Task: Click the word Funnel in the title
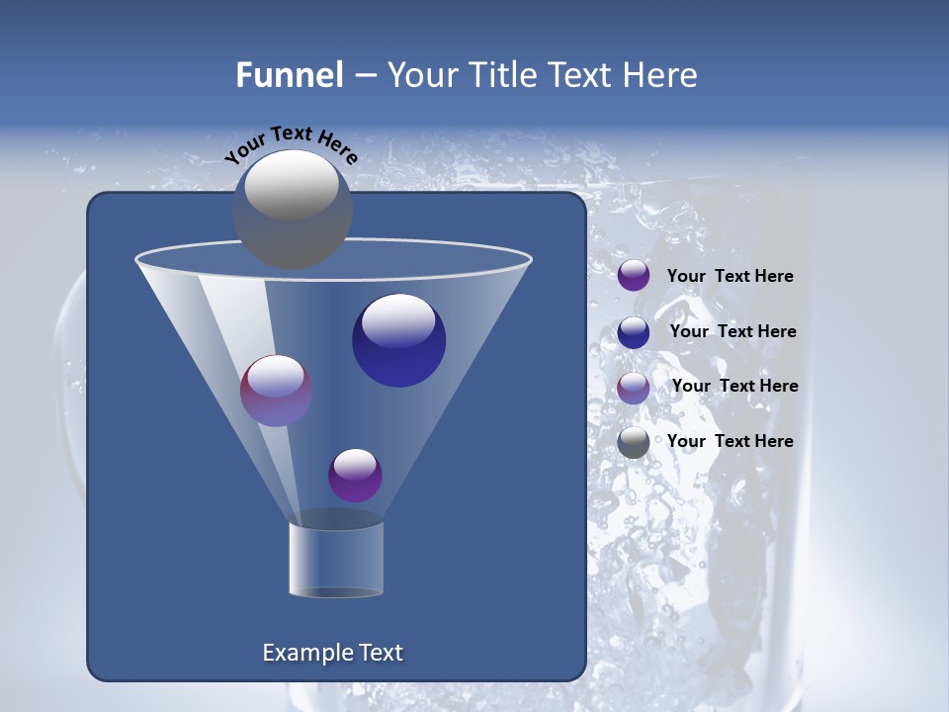point(290,75)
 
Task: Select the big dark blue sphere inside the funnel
point(398,341)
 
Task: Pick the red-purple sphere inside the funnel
point(277,391)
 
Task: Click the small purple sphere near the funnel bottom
point(355,476)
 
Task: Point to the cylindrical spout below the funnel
point(336,559)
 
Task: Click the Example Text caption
point(333,653)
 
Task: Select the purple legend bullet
point(634,276)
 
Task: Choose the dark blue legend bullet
point(634,332)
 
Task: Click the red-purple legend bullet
point(634,388)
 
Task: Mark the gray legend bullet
point(634,442)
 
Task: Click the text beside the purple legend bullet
point(730,277)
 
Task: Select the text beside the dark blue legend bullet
point(733,331)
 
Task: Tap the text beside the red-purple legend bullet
point(734,386)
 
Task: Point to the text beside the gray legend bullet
point(730,441)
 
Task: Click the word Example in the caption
point(305,653)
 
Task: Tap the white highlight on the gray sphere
point(292,184)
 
